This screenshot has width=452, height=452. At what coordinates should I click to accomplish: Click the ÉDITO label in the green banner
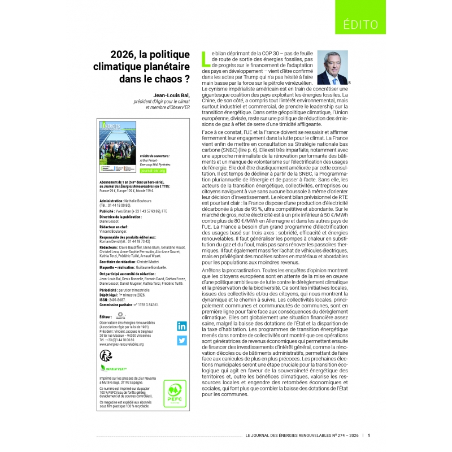(x=360, y=24)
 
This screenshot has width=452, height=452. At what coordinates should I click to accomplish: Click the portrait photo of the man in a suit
(x=332, y=67)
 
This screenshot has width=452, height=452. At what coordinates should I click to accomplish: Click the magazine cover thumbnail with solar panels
(x=118, y=146)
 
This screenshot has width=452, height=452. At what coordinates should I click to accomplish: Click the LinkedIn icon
(x=182, y=326)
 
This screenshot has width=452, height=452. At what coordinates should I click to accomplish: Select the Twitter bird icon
(x=182, y=340)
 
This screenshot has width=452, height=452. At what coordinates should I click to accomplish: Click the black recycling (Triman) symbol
(x=106, y=355)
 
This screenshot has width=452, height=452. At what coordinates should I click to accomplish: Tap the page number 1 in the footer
(x=368, y=435)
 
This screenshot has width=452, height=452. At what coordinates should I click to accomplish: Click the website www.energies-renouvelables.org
(x=121, y=344)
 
